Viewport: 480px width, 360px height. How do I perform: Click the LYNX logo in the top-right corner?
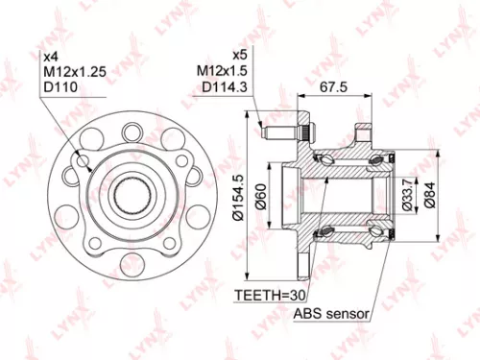click(x=450, y=16)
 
